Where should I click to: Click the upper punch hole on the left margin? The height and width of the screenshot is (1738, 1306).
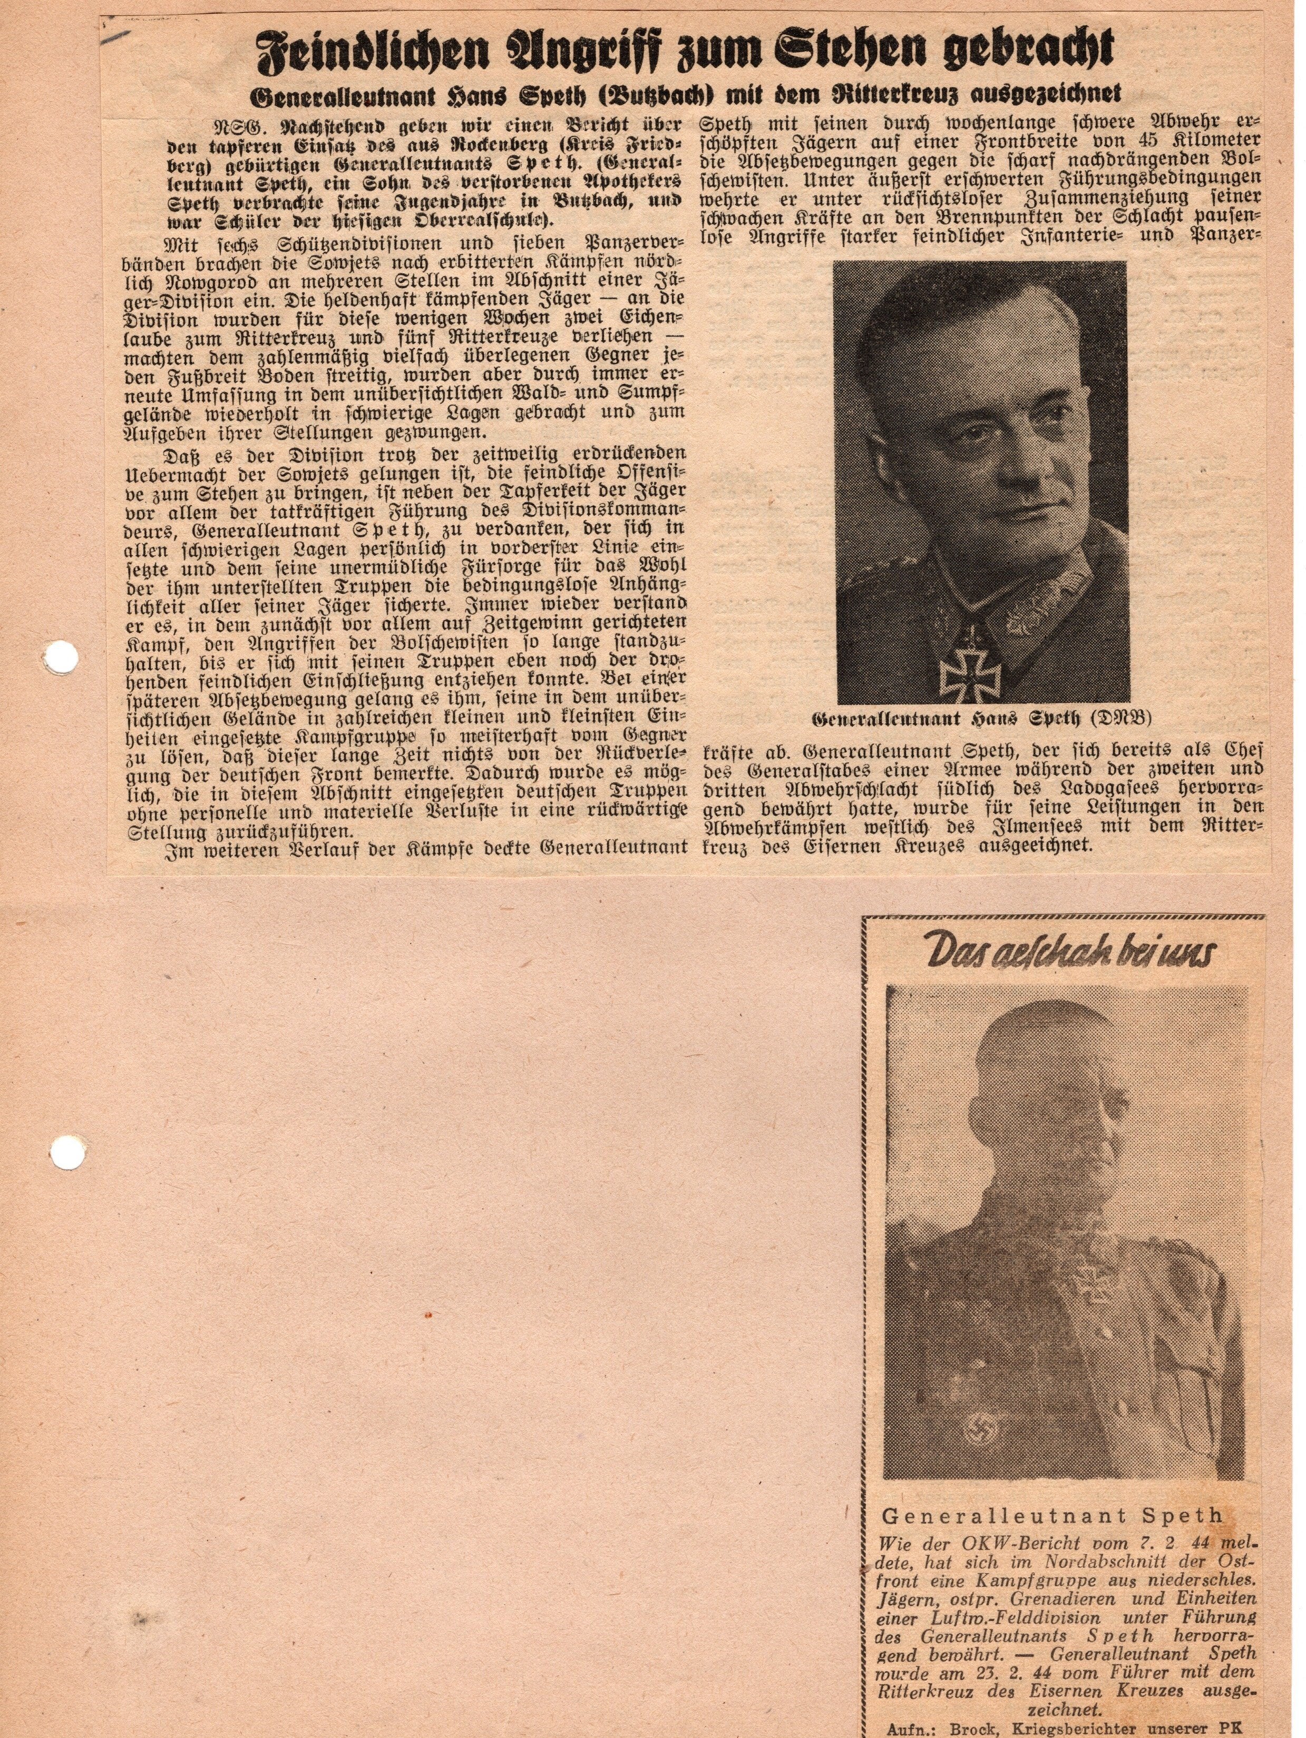[59, 656]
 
